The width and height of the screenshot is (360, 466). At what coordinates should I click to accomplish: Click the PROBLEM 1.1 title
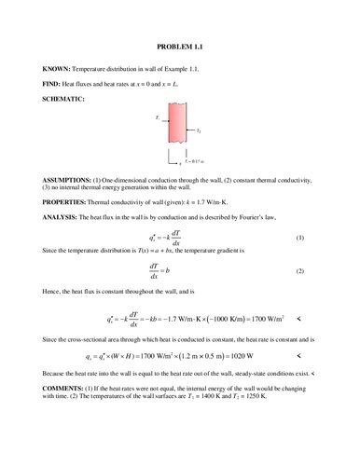point(179,46)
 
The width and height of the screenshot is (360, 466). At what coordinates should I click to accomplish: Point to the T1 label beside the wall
point(159,119)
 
